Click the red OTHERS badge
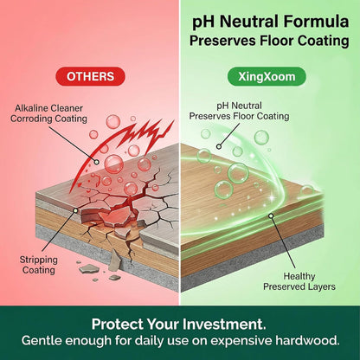click(90, 76)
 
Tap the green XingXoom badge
click(267, 76)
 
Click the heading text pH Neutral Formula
click(271, 22)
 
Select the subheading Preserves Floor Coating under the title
click(269, 41)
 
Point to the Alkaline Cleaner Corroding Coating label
click(48, 113)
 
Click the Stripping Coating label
click(39, 265)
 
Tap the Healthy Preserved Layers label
click(299, 281)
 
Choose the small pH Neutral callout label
click(239, 106)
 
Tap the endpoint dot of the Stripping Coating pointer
click(75, 210)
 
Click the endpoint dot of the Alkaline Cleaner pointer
click(97, 162)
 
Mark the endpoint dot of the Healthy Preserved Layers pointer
click(271, 215)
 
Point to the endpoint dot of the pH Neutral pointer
click(219, 146)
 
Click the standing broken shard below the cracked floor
click(115, 260)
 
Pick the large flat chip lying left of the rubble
click(89, 269)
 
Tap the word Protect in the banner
click(118, 325)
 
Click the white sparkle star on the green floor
click(272, 198)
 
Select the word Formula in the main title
click(316, 22)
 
